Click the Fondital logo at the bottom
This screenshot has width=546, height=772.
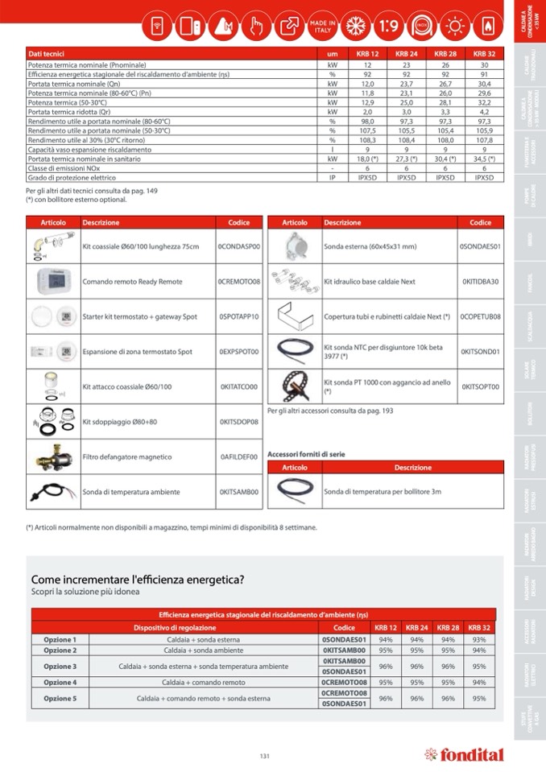point(464,755)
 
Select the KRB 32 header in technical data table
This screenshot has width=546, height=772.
point(484,53)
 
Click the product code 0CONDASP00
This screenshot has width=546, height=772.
point(239,246)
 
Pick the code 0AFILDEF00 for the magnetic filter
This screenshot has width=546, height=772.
point(239,456)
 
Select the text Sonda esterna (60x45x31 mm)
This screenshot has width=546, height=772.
point(370,246)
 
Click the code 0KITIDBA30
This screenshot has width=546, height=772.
point(480,282)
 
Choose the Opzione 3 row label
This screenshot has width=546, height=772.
point(60,666)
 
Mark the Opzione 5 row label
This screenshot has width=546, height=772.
point(60,698)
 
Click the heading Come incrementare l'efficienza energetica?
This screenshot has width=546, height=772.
point(138,579)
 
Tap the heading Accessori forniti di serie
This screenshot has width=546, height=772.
point(306,454)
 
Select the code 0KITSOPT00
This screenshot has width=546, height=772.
point(480,386)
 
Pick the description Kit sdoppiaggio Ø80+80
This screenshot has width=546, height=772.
point(120,421)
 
